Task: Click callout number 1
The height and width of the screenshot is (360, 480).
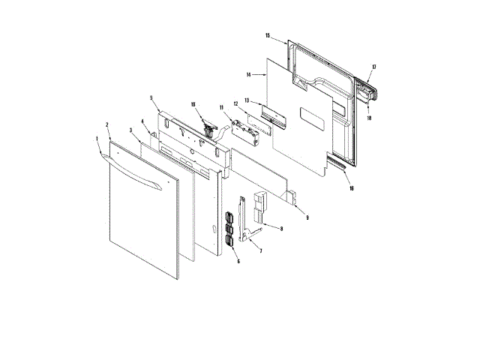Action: [x=97, y=139]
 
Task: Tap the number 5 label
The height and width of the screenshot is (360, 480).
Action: [x=151, y=97]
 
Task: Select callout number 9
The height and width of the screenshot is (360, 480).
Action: [x=307, y=217]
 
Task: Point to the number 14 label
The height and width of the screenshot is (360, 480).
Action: [x=248, y=75]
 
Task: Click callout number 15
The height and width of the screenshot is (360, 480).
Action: [x=268, y=35]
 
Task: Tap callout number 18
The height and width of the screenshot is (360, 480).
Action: [x=370, y=118]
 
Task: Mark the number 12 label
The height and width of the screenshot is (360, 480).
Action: [x=235, y=103]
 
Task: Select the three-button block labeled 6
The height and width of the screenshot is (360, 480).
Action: [x=228, y=229]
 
